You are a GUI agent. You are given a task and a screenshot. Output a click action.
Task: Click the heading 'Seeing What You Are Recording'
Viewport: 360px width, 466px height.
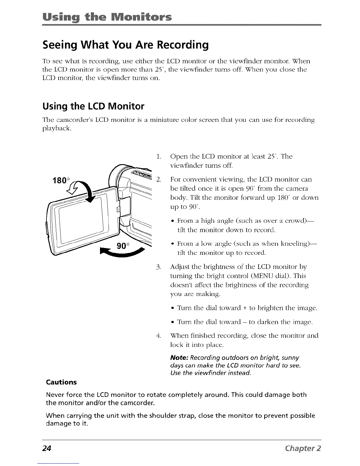click(x=126, y=45)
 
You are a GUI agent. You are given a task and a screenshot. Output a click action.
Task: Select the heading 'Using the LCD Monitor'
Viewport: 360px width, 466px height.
click(x=94, y=106)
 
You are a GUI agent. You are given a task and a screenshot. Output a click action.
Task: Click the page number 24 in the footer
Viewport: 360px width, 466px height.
click(x=47, y=448)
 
